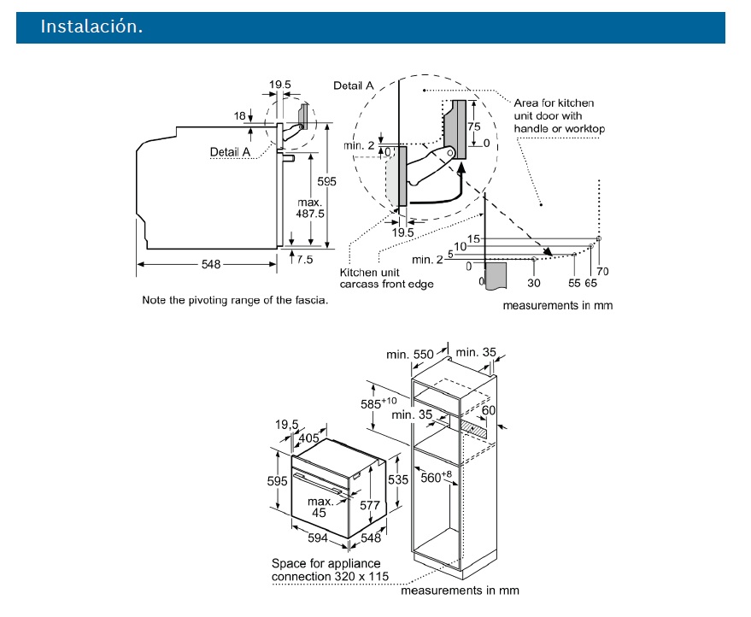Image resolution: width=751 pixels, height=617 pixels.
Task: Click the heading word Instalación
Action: pos(91,27)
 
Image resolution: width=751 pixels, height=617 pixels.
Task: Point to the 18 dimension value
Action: pos(240,115)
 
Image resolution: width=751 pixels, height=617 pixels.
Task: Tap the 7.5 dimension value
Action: pos(305,257)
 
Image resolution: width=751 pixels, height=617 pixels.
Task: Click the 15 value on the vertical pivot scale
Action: pos(474,238)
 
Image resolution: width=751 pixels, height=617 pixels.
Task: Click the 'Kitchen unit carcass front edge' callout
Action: pos(386,277)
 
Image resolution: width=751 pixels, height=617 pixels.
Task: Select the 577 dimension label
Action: pos(369,505)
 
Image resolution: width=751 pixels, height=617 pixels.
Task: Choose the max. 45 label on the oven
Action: pos(319,507)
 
